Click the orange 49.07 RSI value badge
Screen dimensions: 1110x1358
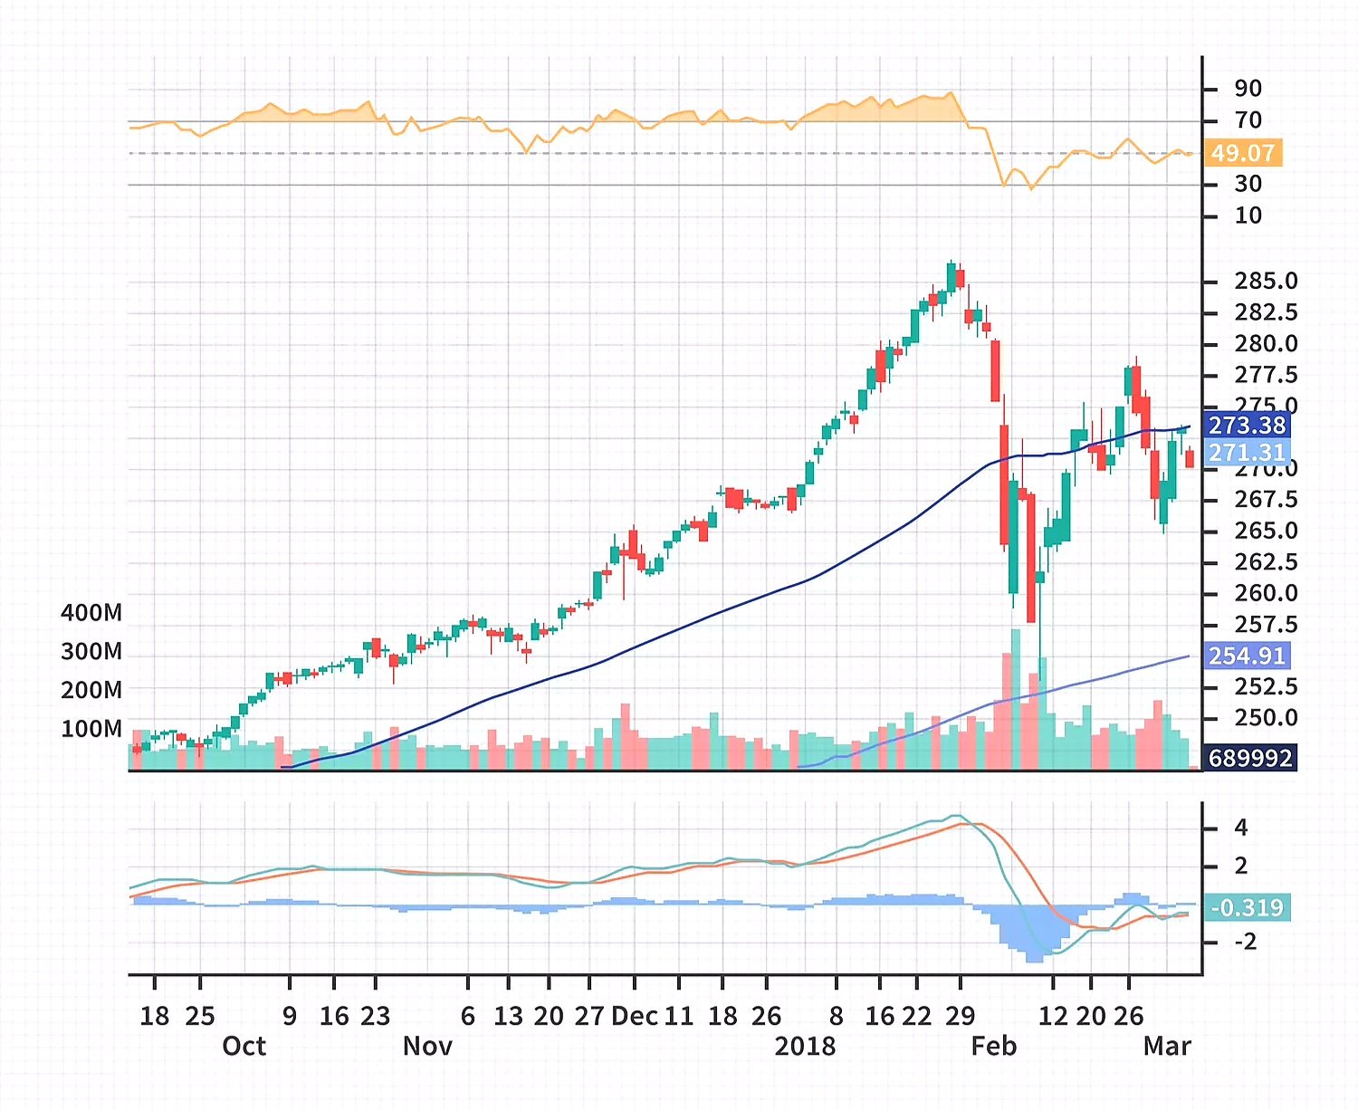point(1243,153)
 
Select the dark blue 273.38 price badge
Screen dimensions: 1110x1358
point(1247,425)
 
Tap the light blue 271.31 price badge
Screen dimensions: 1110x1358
point(1247,452)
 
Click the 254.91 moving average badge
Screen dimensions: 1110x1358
point(1247,655)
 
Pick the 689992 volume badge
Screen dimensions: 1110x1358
point(1250,758)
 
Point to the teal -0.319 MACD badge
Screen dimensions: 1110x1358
point(1247,907)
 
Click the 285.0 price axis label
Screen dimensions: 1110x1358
point(1266,282)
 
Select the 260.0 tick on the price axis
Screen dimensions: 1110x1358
point(1266,594)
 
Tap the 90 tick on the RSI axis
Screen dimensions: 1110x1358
point(1248,89)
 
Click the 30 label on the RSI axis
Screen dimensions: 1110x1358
point(1248,184)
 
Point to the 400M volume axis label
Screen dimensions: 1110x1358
point(91,613)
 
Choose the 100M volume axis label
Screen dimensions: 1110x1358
point(91,729)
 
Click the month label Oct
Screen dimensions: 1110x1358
point(244,1047)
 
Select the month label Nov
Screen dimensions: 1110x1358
point(427,1047)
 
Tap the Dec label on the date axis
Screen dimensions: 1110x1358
point(635,1017)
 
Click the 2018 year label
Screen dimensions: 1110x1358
point(805,1047)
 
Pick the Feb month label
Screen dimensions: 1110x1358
point(994,1047)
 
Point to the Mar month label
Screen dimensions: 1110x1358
point(1167,1047)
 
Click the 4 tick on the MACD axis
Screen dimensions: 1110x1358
point(1241,828)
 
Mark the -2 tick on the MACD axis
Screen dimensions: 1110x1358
point(1245,943)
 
